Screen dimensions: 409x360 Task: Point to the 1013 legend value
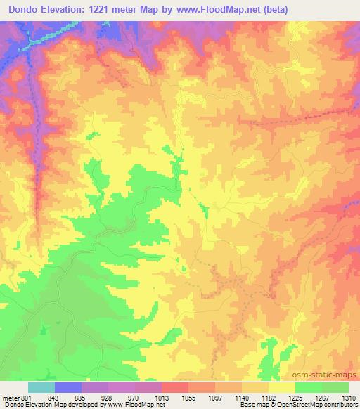(161, 397)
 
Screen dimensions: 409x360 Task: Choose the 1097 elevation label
(214, 397)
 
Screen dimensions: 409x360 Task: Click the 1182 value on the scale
(268, 397)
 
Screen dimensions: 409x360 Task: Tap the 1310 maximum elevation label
(347, 397)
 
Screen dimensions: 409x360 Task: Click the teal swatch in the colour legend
(41, 387)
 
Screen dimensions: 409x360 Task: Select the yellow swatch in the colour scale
(282, 387)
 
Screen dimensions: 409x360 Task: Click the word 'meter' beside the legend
(9, 397)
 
